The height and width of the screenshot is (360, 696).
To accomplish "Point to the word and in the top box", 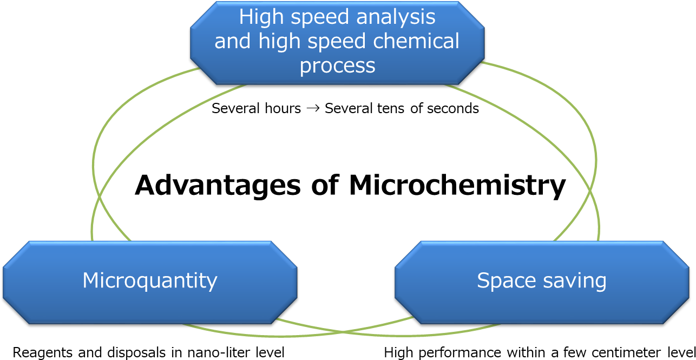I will tap(233, 41).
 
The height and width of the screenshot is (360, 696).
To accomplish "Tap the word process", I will tap(337, 66).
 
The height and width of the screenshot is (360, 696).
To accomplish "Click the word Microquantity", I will tap(149, 281).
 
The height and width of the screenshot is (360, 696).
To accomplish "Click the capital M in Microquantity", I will tap(90, 280).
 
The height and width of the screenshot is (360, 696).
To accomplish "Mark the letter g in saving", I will tap(600, 283).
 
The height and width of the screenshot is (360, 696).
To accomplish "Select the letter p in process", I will tap(306, 68).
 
